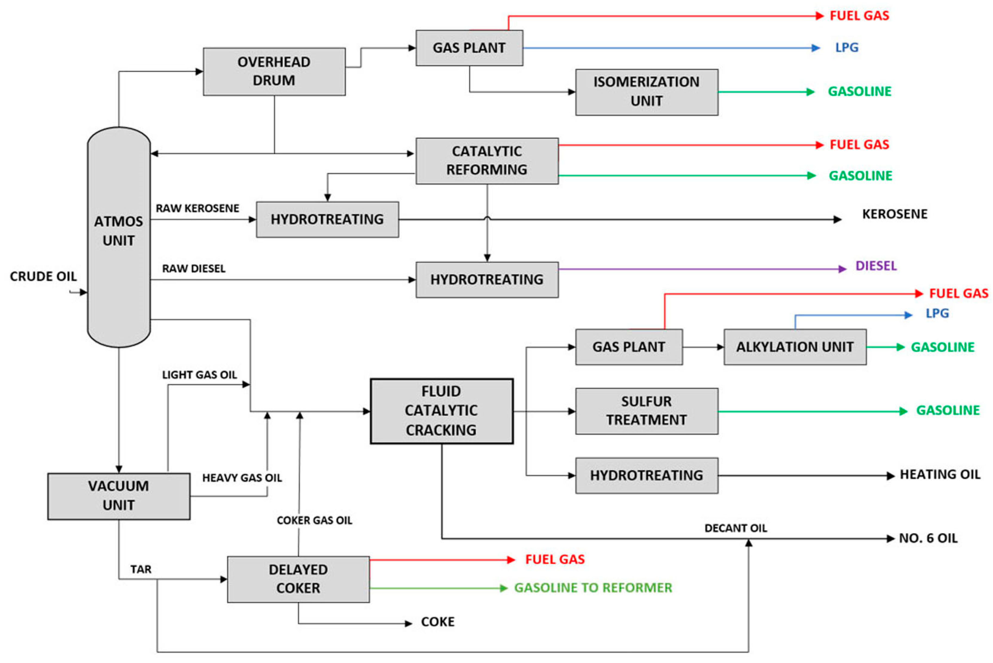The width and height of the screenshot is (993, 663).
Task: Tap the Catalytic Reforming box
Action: tap(487, 161)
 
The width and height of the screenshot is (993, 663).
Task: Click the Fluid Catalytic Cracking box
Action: tap(442, 411)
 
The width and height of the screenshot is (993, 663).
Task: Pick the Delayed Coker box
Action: tap(298, 579)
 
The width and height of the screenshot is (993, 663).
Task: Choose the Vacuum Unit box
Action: tap(119, 496)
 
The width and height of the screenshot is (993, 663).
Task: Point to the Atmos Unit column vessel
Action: tap(119, 237)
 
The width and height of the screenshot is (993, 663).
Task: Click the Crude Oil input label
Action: tap(43, 277)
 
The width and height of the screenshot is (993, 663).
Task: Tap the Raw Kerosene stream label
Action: tap(197, 208)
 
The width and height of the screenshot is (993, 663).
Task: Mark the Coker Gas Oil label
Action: tap(315, 520)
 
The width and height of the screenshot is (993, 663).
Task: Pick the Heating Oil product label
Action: tap(940, 474)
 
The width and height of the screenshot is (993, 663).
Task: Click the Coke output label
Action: tap(438, 622)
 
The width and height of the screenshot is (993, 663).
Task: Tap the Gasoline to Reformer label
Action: tap(593, 588)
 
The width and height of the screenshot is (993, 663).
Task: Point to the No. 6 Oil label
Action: tap(928, 538)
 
